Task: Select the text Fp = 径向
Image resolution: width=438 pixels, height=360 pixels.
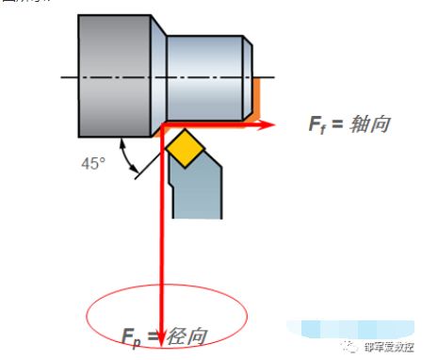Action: [164, 335]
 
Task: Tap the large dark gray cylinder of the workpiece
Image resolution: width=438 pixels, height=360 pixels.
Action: [115, 75]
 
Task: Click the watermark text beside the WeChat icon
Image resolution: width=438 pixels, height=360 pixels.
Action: [387, 347]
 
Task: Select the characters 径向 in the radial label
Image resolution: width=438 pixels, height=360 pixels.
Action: [184, 335]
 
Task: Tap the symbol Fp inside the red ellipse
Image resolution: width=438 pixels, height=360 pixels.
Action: [131, 336]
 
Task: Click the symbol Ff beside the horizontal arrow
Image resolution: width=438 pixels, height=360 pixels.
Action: [317, 125]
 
